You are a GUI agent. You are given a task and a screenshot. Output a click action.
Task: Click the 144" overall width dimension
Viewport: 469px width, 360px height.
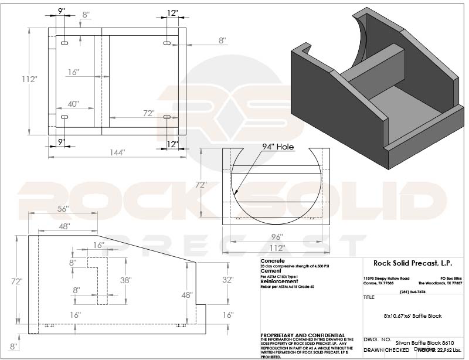pyautogui.click(x=117, y=152)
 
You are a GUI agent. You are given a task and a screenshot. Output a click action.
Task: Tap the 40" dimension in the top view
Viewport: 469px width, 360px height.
pyautogui.click(x=73, y=104)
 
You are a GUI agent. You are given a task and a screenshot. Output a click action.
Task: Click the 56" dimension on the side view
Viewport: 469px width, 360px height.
pyautogui.click(x=63, y=209)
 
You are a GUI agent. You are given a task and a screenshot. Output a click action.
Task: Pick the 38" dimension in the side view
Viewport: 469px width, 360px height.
pyautogui.click(x=125, y=280)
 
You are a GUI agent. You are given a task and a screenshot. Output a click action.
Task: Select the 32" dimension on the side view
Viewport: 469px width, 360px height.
pyautogui.click(x=228, y=280)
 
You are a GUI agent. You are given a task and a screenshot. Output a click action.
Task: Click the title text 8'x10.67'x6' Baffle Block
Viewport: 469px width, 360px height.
pyautogui.click(x=412, y=316)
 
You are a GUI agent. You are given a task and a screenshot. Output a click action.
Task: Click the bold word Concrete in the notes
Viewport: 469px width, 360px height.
pyautogui.click(x=273, y=261)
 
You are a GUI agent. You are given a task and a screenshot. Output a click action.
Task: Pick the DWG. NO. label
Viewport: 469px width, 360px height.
pyautogui.click(x=377, y=339)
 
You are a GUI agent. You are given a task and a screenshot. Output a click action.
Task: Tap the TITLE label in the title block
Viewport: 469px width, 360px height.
pyautogui.click(x=369, y=297)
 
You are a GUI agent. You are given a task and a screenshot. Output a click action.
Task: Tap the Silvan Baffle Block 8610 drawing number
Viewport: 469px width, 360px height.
pyautogui.click(x=425, y=341)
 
